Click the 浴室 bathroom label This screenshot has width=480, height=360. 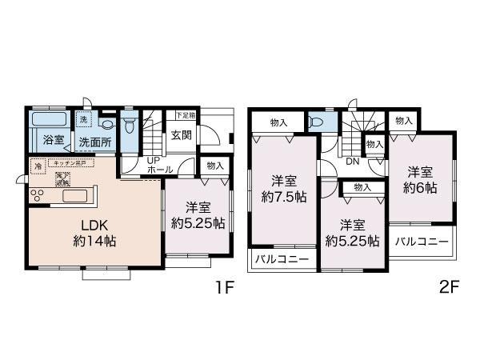tap(53, 138)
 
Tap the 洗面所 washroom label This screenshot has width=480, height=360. tap(94, 142)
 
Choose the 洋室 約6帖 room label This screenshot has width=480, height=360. tap(419, 178)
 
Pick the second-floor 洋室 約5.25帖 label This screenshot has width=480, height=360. tap(352, 233)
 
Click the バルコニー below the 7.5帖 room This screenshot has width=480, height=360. tap(282, 260)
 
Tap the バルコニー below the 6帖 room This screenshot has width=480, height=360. tap(421, 241)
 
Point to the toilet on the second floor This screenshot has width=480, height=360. tap(318, 122)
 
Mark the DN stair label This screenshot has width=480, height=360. tap(351, 161)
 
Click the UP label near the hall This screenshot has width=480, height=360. tap(150, 161)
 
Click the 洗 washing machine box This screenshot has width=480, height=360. tap(83, 120)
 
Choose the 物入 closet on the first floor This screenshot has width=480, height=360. tap(214, 166)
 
